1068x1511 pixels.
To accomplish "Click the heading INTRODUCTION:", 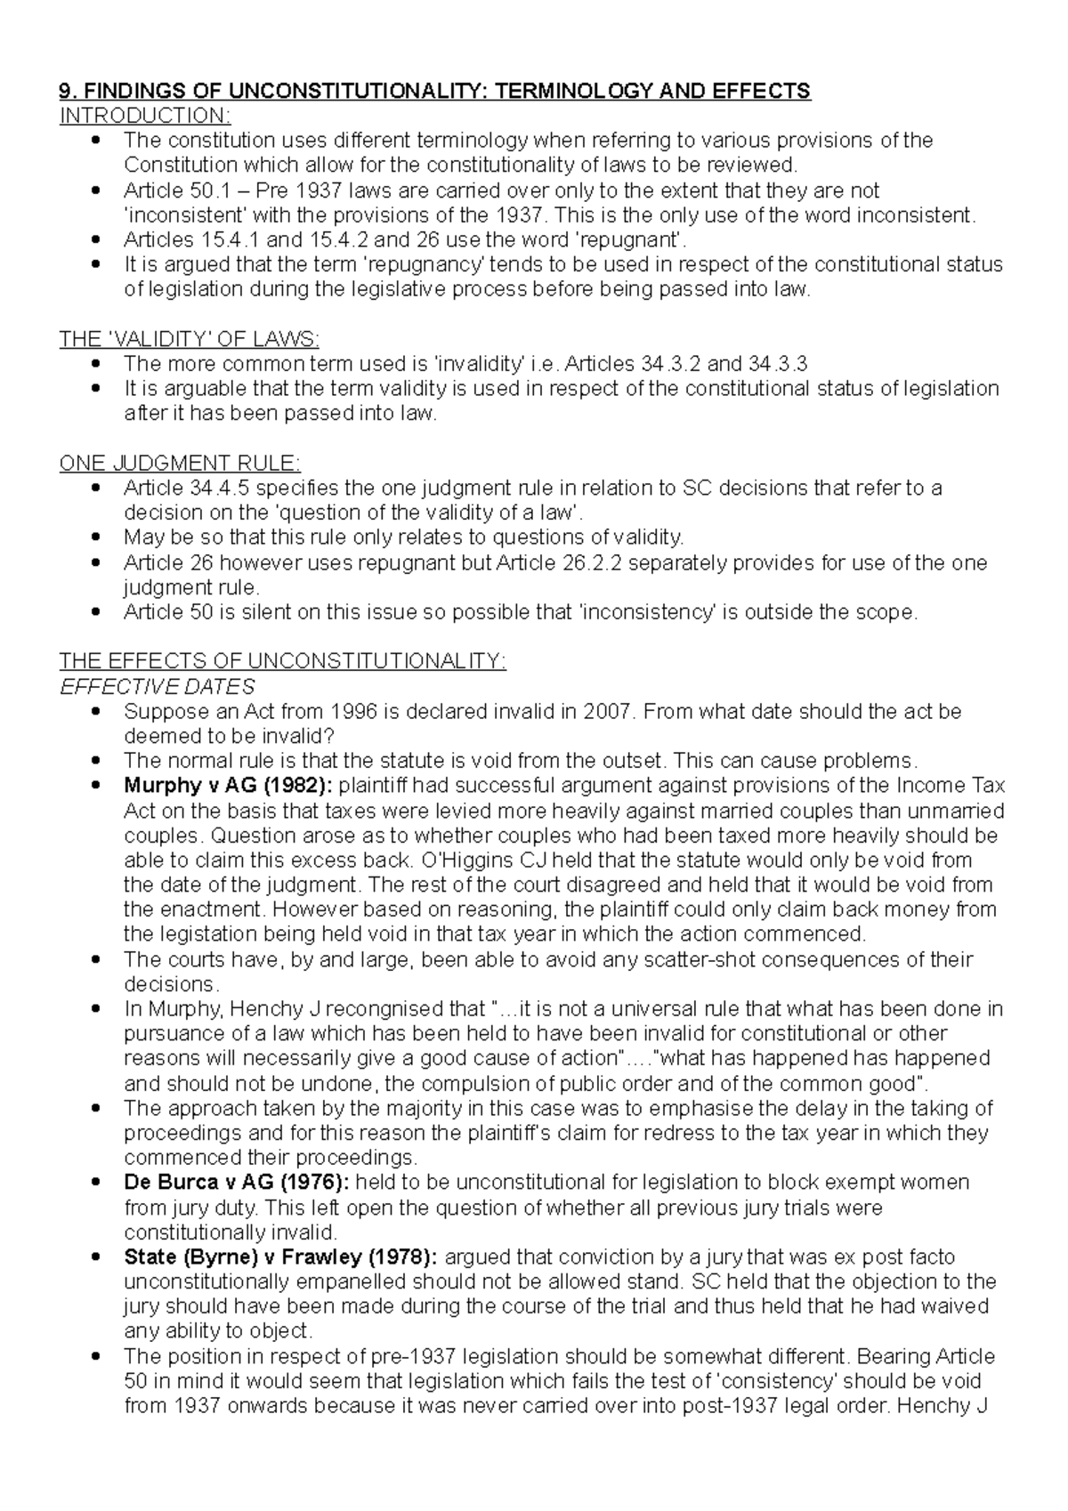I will click(144, 116).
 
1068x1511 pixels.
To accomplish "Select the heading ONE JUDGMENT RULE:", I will click(180, 463).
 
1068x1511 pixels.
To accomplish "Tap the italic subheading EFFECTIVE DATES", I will click(157, 686).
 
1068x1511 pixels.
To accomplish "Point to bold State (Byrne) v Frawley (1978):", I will click(279, 1257).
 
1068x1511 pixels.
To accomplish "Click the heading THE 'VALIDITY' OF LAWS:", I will click(189, 339).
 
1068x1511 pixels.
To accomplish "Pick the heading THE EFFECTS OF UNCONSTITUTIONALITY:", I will click(282, 661).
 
